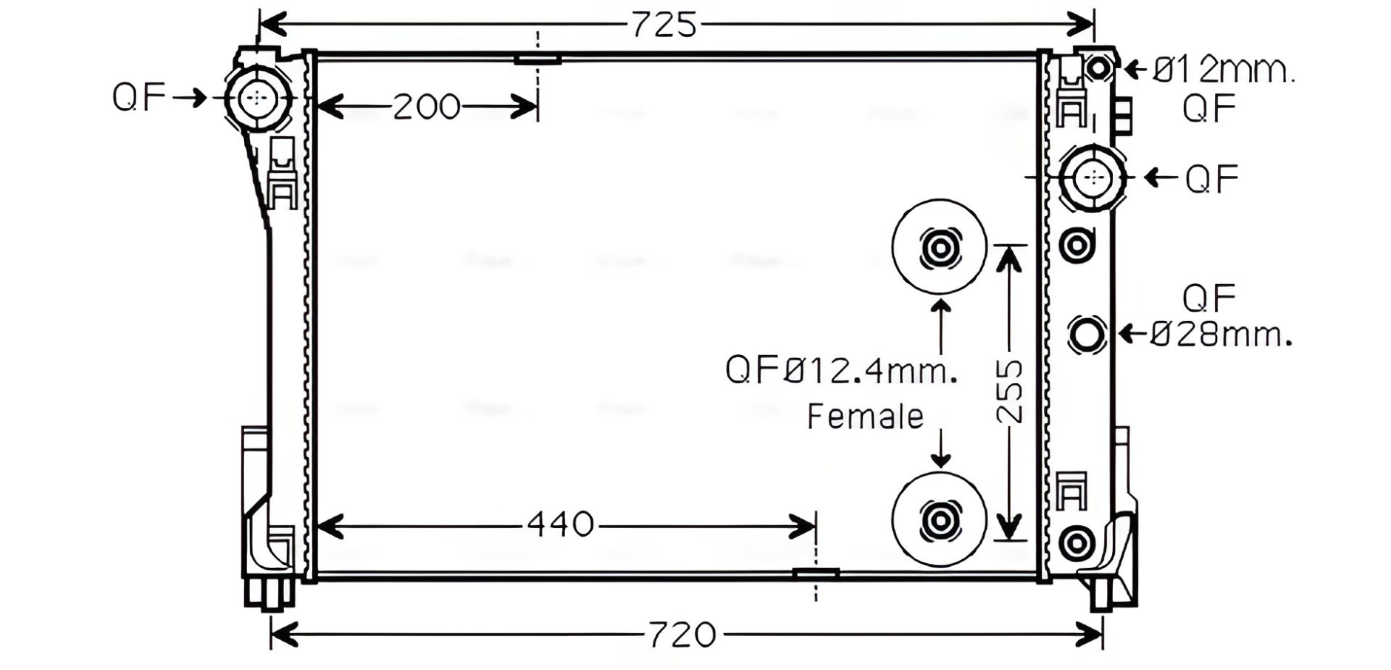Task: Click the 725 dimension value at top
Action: (x=664, y=25)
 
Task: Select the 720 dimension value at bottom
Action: (x=681, y=635)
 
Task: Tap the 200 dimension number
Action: (x=426, y=107)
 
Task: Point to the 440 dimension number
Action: (x=560, y=524)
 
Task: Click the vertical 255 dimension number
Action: (x=1010, y=391)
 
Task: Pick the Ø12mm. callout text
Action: (x=1223, y=71)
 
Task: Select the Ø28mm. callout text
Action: (x=1221, y=335)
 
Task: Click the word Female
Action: (x=865, y=416)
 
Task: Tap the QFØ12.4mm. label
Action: (x=841, y=370)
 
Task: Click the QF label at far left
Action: (x=139, y=97)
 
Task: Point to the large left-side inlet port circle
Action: (x=257, y=98)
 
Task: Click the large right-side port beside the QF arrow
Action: (x=1093, y=177)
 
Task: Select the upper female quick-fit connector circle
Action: (x=940, y=248)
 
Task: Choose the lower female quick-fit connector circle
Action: (x=940, y=519)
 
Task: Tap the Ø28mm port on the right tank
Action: (x=1087, y=335)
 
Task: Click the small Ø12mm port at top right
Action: (x=1098, y=68)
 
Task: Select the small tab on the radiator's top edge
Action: (x=538, y=59)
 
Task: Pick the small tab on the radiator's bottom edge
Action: (x=816, y=574)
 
